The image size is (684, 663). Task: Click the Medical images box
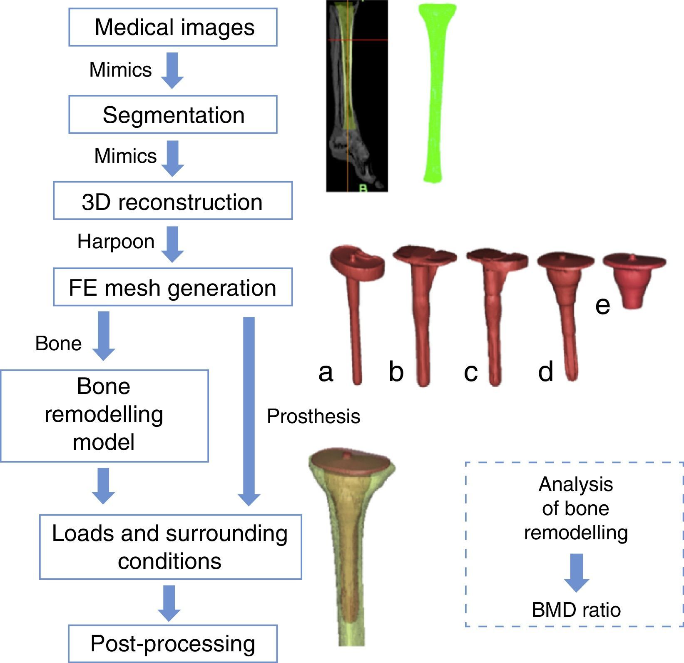pos(173,27)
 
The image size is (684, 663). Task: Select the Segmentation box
pos(173,115)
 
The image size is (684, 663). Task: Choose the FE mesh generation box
pos(173,287)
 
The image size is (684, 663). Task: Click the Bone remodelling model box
pos(104,416)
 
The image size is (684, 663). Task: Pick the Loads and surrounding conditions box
pos(170,547)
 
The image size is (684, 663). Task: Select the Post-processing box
pos(173,643)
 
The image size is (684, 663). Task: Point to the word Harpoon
pos(116,242)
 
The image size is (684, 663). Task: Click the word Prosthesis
pos(313,416)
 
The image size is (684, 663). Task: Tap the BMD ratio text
pos(576,610)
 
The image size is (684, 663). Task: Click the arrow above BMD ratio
pos(577,573)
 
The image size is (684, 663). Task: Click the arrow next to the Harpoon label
pos(172,244)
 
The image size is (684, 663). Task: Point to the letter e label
pos(602,305)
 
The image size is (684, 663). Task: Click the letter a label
pos(326,371)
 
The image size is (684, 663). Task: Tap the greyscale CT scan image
pos(357,96)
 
